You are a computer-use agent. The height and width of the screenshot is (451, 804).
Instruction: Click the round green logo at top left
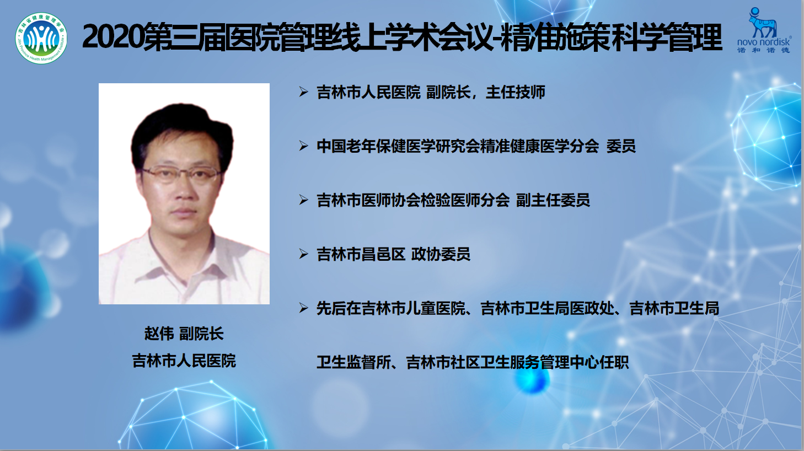(x=41, y=39)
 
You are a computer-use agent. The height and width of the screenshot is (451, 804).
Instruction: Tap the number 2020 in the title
(x=114, y=37)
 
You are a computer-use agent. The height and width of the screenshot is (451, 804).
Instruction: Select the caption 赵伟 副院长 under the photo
(x=184, y=334)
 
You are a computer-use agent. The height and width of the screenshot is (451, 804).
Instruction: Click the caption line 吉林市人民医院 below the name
(x=184, y=361)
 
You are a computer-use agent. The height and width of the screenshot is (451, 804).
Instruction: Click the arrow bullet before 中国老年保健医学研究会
(x=304, y=146)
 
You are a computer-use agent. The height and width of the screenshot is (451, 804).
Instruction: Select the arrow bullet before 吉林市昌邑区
(x=304, y=254)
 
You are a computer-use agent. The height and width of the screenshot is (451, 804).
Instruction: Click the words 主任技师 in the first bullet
(x=516, y=92)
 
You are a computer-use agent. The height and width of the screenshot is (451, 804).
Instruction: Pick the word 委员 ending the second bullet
(x=621, y=146)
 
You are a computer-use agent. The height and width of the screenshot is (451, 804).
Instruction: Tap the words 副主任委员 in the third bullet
(x=553, y=200)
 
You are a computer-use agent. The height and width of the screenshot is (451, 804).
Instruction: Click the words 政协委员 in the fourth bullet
(x=441, y=254)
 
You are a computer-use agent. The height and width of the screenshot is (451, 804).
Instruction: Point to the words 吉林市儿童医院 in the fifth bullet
(x=414, y=308)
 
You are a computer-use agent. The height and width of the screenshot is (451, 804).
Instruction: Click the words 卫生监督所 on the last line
(x=353, y=362)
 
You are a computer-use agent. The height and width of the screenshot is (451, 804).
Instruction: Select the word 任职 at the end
(x=614, y=362)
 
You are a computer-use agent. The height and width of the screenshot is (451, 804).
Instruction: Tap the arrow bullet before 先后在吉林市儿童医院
(x=304, y=308)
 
